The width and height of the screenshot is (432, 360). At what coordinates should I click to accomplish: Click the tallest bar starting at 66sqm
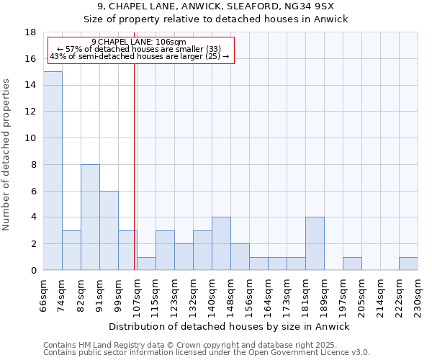click(x=53, y=171)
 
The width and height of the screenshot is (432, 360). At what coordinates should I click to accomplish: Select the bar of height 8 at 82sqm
click(x=90, y=217)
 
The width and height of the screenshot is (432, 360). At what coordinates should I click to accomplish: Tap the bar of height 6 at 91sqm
click(x=109, y=230)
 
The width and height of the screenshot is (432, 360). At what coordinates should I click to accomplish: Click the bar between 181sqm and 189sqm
click(x=315, y=243)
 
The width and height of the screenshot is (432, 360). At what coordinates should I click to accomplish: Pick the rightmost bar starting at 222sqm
click(x=408, y=264)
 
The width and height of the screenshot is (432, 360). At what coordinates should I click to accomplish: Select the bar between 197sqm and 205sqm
click(x=352, y=264)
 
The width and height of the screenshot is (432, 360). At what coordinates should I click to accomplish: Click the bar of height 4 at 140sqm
click(x=221, y=243)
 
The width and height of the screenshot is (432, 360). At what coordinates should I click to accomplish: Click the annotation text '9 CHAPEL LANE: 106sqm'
click(x=139, y=42)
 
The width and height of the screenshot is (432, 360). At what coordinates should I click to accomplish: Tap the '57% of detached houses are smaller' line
click(x=139, y=49)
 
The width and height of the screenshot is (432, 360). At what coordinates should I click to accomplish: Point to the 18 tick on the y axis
click(x=31, y=32)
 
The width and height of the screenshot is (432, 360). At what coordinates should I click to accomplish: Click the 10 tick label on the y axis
click(x=31, y=138)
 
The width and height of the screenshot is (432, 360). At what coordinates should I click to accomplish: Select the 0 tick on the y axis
click(x=33, y=271)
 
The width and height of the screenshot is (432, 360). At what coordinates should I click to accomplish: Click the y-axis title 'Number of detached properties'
click(x=7, y=155)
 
